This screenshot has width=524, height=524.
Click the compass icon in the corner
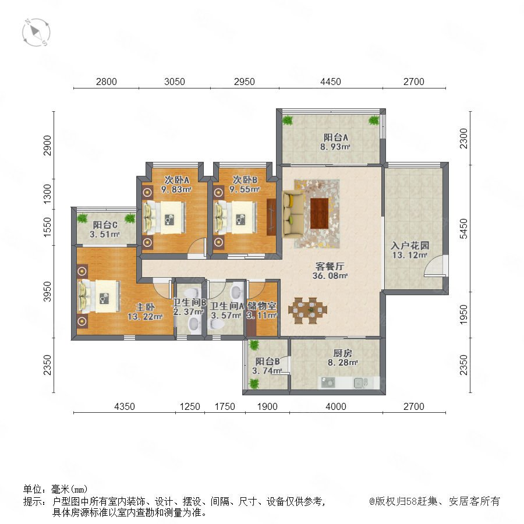(36, 33)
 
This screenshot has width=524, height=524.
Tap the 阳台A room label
(335, 137)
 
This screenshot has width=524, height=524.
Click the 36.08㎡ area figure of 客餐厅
(330, 276)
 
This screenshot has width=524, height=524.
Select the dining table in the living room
(308, 310)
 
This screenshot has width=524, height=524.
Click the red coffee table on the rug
(320, 213)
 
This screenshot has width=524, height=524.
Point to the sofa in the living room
(293, 214)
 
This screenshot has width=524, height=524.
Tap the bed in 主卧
(99, 296)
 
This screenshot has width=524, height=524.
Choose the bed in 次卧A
(164, 218)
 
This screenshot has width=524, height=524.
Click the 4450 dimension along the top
(331, 82)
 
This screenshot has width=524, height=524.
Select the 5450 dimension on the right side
(463, 229)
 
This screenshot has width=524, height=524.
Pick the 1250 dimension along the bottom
(190, 406)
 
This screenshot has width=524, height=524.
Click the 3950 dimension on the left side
(48, 292)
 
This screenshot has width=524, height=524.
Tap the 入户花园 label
(410, 246)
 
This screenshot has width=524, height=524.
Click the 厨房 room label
(343, 353)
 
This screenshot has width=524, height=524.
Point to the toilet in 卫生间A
(217, 324)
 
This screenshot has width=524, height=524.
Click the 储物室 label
(262, 306)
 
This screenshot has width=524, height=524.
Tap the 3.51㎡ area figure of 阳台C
(105, 234)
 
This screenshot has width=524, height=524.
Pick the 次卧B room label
(245, 180)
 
